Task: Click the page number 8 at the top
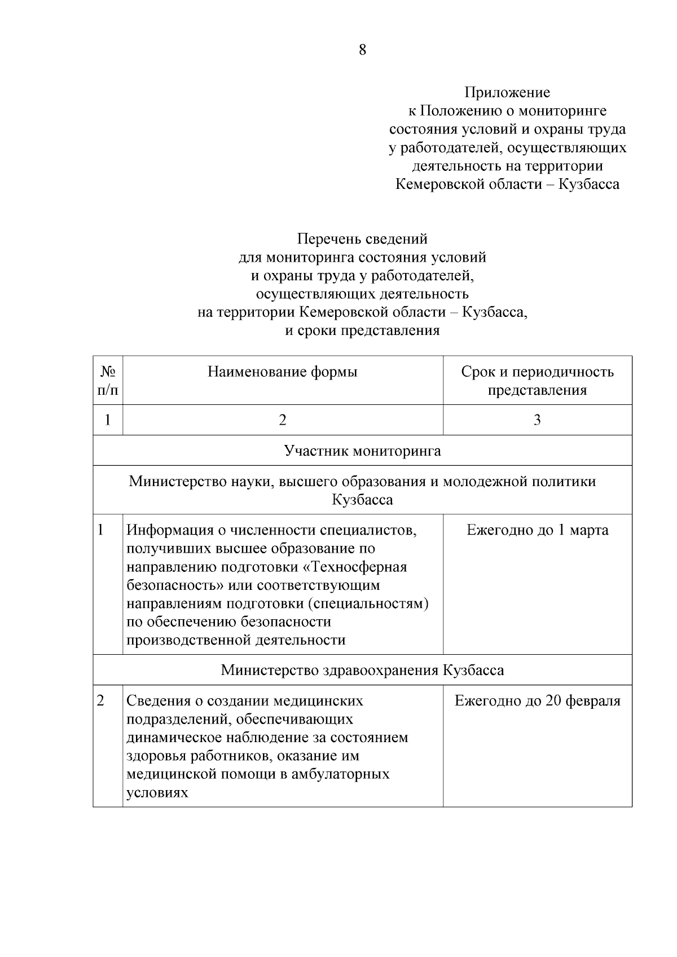click(362, 50)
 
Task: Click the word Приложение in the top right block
click(507, 92)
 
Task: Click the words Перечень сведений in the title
click(362, 239)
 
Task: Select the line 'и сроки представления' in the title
click(362, 330)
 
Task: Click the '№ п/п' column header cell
click(108, 381)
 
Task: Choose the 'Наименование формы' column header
click(283, 372)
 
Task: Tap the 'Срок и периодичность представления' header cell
click(537, 381)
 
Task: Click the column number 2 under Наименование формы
click(283, 420)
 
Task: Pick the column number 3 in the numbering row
click(537, 420)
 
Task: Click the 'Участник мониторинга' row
click(362, 451)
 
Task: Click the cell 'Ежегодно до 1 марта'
click(537, 531)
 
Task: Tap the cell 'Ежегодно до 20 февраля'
click(537, 702)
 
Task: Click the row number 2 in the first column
click(101, 701)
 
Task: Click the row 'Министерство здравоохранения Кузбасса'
click(362, 671)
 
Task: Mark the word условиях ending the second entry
click(157, 793)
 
